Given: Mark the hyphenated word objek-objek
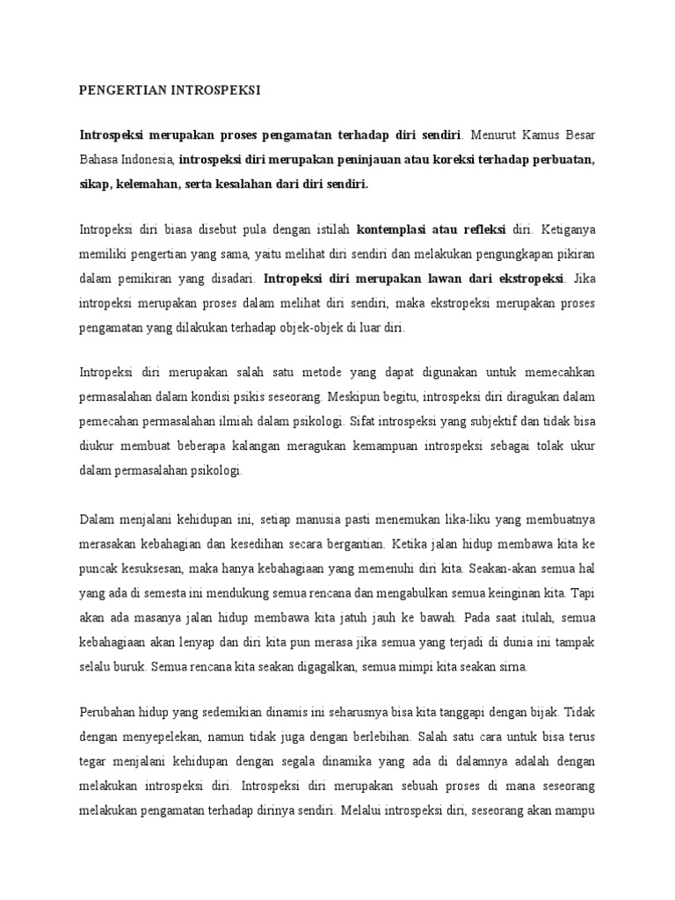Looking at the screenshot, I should pyautogui.click(x=299, y=327).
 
